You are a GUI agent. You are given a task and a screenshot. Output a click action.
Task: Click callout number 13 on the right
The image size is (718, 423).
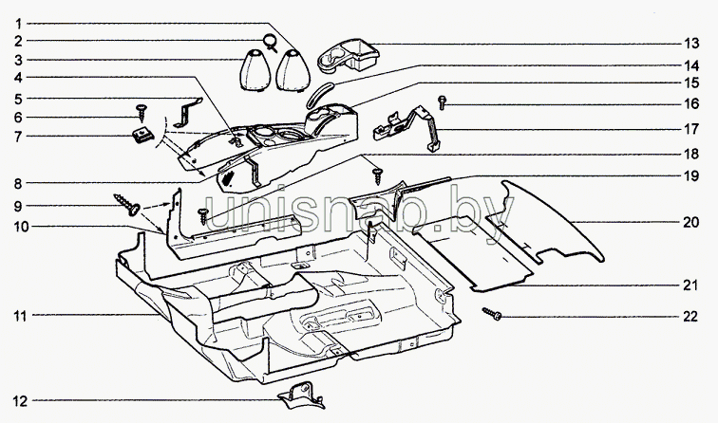click(x=692, y=44)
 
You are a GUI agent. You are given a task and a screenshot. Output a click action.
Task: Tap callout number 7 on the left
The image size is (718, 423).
click(x=18, y=137)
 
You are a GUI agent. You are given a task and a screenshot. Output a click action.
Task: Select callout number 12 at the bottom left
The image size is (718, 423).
click(x=20, y=401)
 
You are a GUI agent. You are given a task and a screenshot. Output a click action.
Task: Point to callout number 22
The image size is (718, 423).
click(x=690, y=317)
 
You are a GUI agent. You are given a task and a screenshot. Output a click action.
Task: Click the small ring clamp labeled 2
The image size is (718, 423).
click(x=270, y=42)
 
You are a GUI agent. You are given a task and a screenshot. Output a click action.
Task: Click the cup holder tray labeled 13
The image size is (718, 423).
click(x=348, y=56)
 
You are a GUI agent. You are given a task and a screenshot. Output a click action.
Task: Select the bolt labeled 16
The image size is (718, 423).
click(x=442, y=102)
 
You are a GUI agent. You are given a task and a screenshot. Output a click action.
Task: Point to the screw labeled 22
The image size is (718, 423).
click(x=492, y=314)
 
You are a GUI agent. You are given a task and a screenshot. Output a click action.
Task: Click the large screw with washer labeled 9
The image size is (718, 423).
click(x=127, y=205)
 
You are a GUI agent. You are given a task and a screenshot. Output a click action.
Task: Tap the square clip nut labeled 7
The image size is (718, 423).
click(x=142, y=135)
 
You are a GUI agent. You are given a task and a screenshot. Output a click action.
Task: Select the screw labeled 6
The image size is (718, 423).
click(x=142, y=112)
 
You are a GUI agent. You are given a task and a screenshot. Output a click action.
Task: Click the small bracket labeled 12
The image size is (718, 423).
click(x=302, y=396)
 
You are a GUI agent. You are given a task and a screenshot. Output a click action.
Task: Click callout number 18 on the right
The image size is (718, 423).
click(x=691, y=154)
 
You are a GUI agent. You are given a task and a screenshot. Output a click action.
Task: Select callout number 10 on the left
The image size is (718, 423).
click(x=21, y=227)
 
